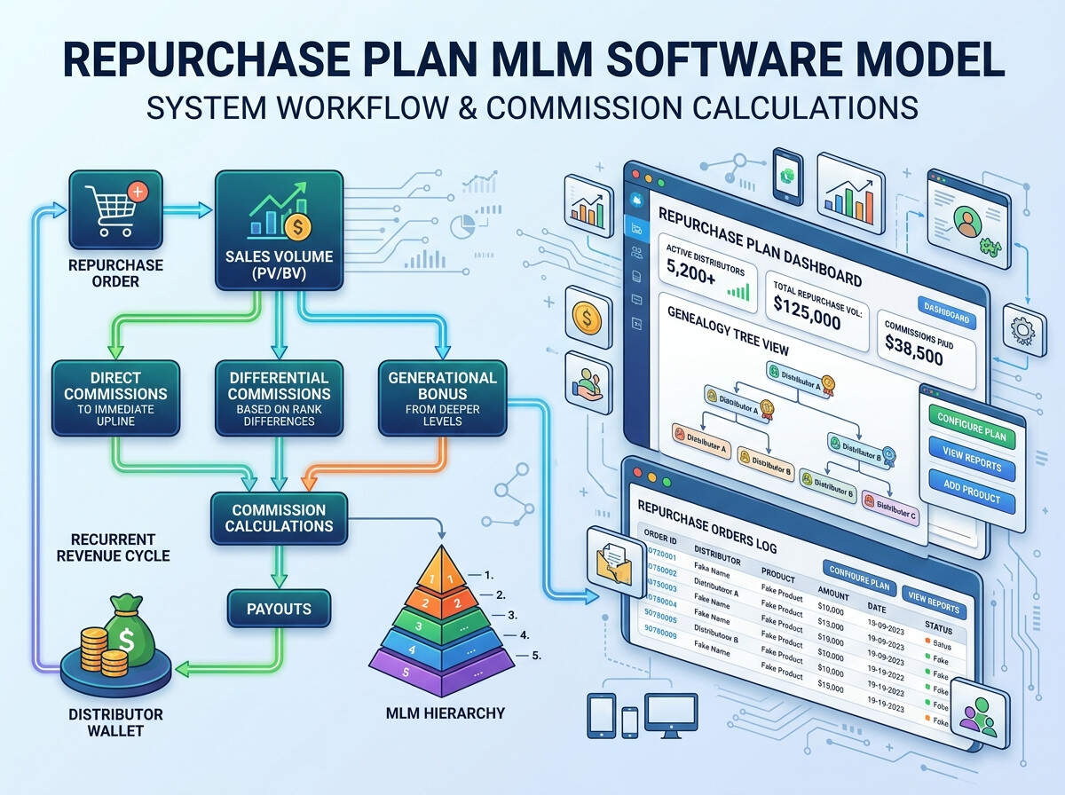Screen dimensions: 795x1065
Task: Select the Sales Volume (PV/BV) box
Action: (278, 230)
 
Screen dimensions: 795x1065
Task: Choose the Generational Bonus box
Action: (442, 397)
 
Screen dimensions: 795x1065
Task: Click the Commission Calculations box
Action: (278, 518)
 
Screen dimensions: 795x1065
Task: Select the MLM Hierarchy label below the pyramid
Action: (446, 712)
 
